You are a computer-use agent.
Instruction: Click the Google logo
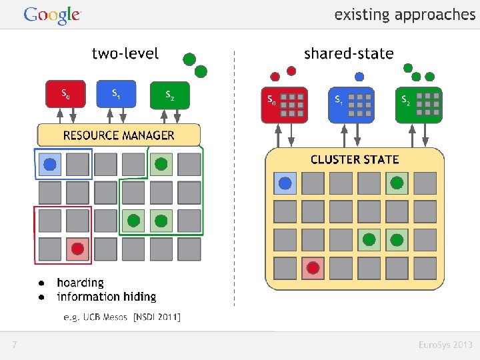[53, 15]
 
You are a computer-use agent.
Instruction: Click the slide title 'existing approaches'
[405, 15]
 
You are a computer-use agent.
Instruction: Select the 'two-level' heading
[125, 53]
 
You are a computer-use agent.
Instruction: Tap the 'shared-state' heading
[349, 53]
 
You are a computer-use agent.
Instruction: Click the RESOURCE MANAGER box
[119, 135]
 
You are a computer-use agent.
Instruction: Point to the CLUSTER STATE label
[355, 159]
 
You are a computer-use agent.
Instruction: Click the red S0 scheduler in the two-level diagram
[65, 94]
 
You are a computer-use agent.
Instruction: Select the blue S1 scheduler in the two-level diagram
[116, 94]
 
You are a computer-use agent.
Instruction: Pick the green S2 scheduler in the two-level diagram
[170, 95]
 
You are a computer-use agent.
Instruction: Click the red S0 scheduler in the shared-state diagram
[285, 105]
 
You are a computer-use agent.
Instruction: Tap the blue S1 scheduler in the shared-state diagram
[351, 105]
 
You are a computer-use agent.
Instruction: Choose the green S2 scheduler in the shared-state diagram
[419, 105]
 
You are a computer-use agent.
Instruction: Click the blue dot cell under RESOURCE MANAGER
[50, 165]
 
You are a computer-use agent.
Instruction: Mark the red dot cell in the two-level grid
[78, 249]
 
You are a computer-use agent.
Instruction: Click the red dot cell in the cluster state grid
[313, 268]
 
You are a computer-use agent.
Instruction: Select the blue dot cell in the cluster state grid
[285, 183]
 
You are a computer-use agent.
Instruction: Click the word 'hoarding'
[81, 283]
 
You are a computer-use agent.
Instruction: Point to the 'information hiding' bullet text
[107, 297]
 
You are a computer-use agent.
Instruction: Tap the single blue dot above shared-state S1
[359, 77]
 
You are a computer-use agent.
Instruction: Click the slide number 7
[15, 345]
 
